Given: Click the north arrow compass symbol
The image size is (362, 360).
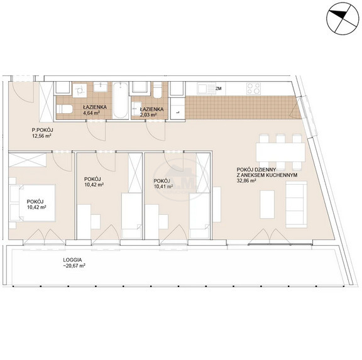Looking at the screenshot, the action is click(x=343, y=19).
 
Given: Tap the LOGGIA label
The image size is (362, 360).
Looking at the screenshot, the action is click(x=72, y=260).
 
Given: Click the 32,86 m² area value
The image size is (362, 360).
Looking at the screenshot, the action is click(x=246, y=181).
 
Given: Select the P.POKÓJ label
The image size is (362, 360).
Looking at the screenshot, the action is click(x=43, y=130).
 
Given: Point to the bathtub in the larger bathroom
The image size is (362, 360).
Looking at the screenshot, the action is click(x=121, y=101).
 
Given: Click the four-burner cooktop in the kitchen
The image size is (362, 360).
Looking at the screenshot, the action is click(x=253, y=89).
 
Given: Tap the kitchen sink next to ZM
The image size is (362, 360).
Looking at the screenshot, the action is click(x=206, y=89).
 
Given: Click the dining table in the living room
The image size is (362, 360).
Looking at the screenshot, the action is click(x=280, y=152).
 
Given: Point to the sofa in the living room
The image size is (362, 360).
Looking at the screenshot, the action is click(x=297, y=204).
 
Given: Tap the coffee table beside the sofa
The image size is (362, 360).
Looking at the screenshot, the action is click(x=267, y=204).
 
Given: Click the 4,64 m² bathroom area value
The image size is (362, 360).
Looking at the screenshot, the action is click(x=92, y=113).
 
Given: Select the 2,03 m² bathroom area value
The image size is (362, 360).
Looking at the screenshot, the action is click(x=149, y=114).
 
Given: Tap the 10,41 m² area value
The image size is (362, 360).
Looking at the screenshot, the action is click(x=163, y=186).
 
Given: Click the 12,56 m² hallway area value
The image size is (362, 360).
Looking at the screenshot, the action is click(x=41, y=136).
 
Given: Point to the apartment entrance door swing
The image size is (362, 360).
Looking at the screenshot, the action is click(x=22, y=92).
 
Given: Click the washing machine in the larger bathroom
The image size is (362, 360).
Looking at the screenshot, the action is click(x=80, y=90).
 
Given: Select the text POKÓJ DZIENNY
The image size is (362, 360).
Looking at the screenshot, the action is click(x=256, y=170).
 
